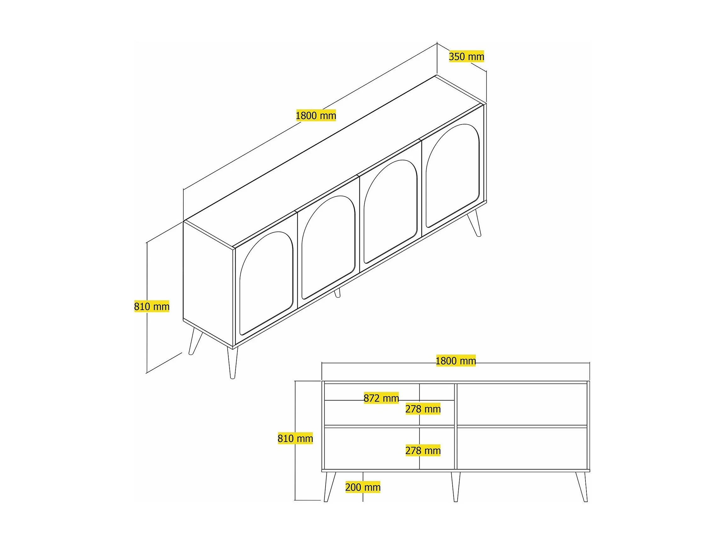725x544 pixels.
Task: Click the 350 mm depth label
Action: click(x=466, y=57)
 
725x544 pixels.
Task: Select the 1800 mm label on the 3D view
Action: click(x=316, y=115)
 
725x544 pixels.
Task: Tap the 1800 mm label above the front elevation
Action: click(x=456, y=361)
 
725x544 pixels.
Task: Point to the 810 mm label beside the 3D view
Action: click(x=152, y=306)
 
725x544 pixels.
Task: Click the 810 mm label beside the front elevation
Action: click(x=295, y=438)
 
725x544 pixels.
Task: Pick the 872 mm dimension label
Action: click(x=381, y=398)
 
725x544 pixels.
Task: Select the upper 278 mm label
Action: click(x=423, y=409)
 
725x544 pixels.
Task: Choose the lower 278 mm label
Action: click(x=423, y=450)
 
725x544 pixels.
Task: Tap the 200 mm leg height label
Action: click(x=363, y=487)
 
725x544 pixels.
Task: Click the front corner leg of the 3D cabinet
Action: click(x=233, y=363)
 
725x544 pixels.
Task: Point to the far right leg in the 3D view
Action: click(x=474, y=223)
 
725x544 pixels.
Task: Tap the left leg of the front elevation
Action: click(x=329, y=487)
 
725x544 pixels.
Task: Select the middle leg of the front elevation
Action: click(x=456, y=487)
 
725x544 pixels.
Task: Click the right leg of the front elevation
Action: click(x=582, y=487)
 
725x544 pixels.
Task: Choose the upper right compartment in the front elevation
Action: click(x=522, y=404)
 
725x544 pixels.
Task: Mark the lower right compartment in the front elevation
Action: click(x=522, y=449)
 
